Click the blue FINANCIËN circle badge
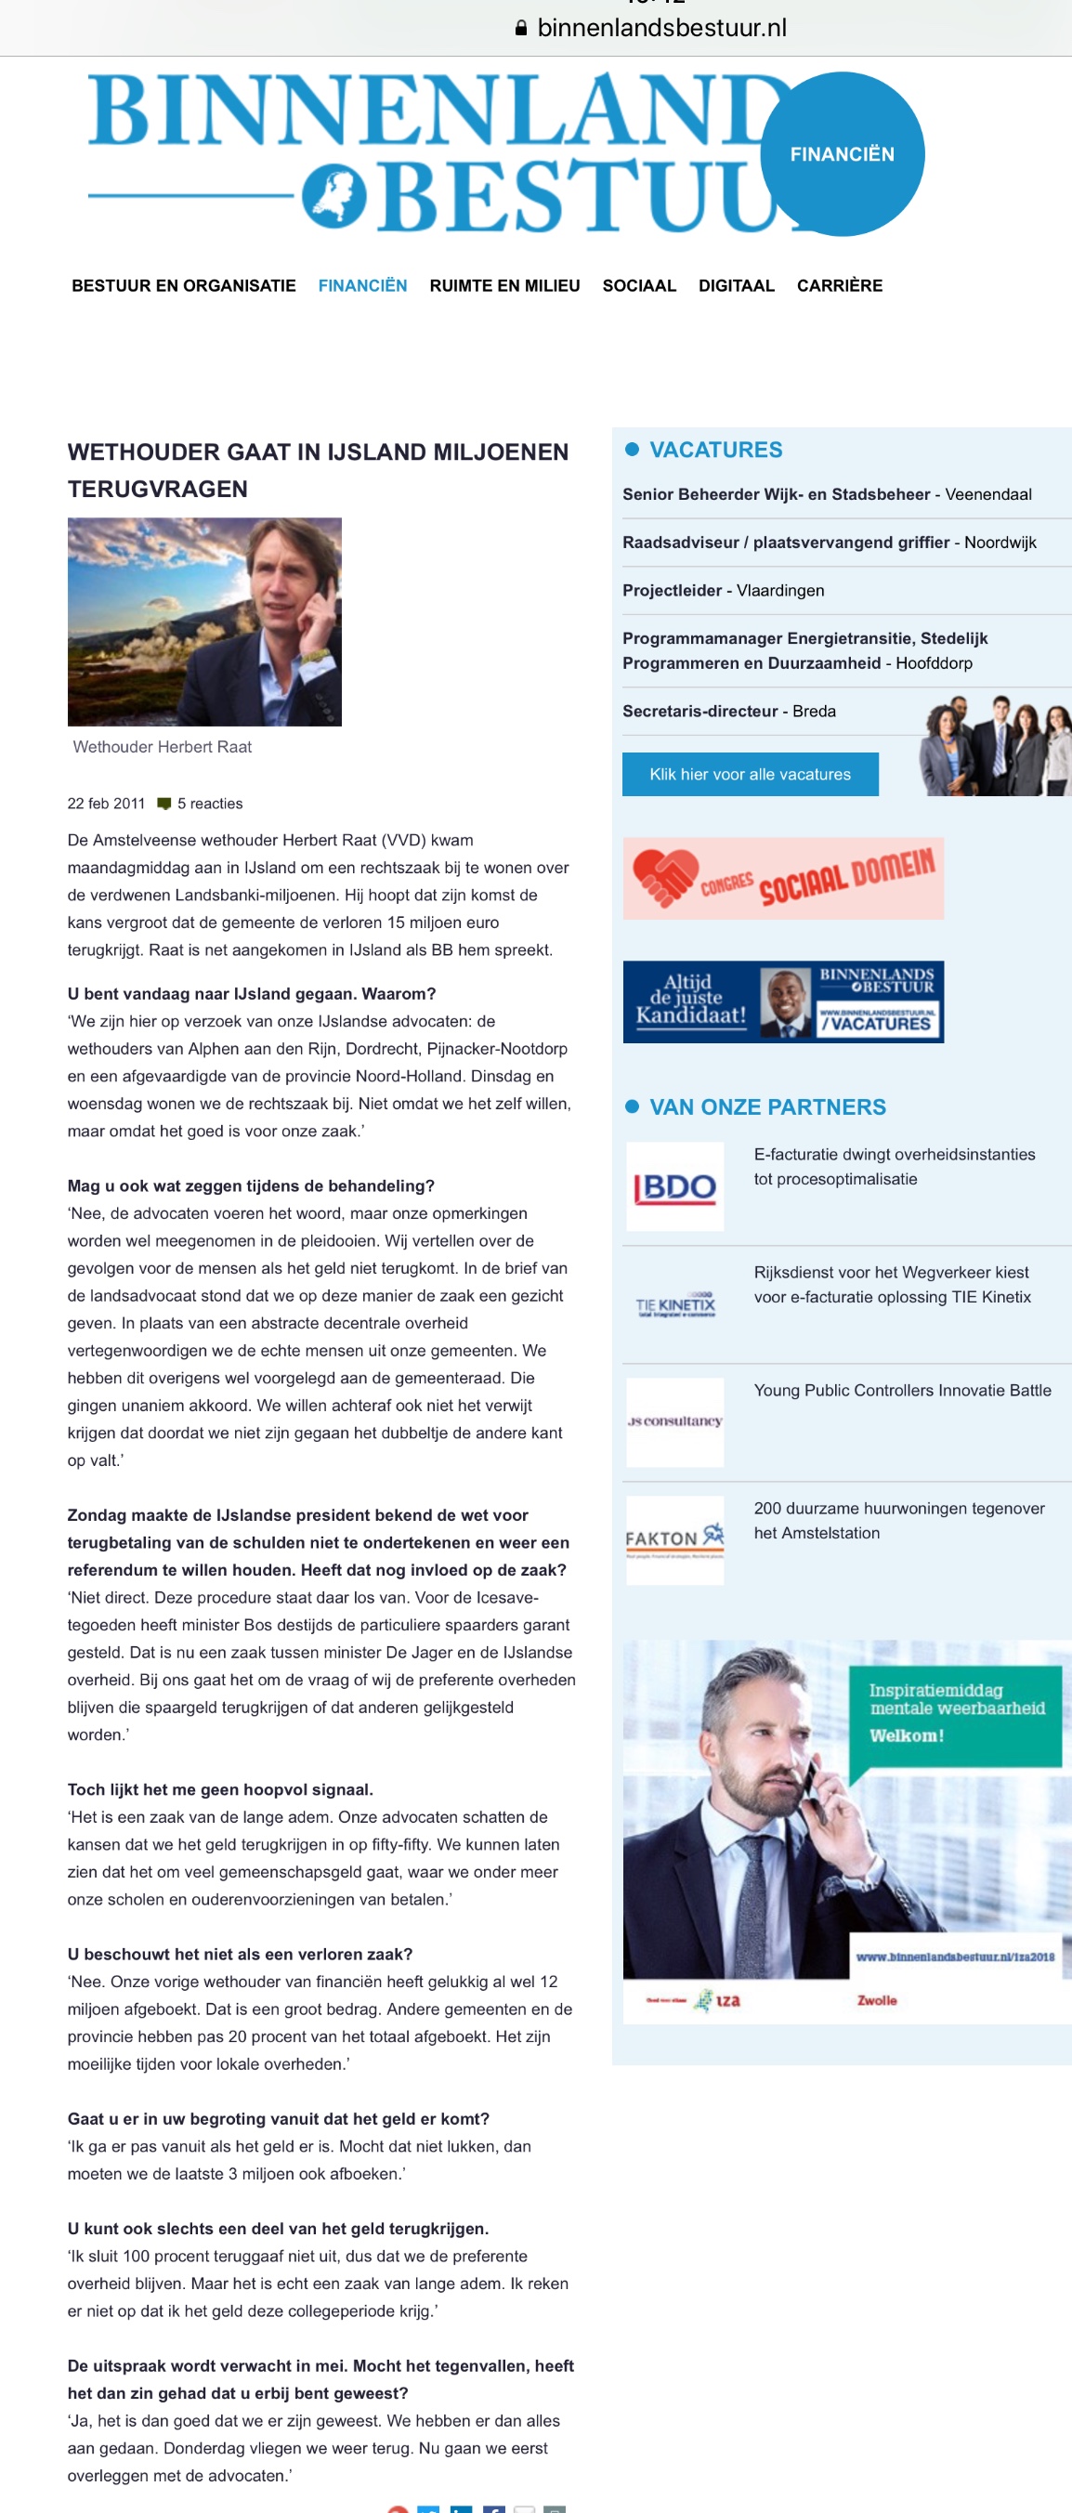tap(842, 154)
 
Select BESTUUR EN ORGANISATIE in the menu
tap(183, 286)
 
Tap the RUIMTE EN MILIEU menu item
tap(504, 286)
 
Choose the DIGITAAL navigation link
tap(736, 286)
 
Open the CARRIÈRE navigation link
tap(839, 286)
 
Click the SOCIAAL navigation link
tap(639, 286)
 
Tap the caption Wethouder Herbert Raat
tap(162, 747)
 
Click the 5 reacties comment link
tap(210, 804)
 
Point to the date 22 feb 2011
tap(105, 804)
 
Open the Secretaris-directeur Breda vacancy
tap(728, 712)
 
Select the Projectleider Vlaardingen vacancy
tap(723, 590)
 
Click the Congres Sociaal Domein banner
tap(783, 878)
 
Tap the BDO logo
tap(675, 1186)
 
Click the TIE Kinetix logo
tap(675, 1305)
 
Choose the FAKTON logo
tap(675, 1539)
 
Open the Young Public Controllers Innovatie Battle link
tap(902, 1390)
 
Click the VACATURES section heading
tap(715, 450)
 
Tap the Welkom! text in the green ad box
tap(906, 1735)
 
